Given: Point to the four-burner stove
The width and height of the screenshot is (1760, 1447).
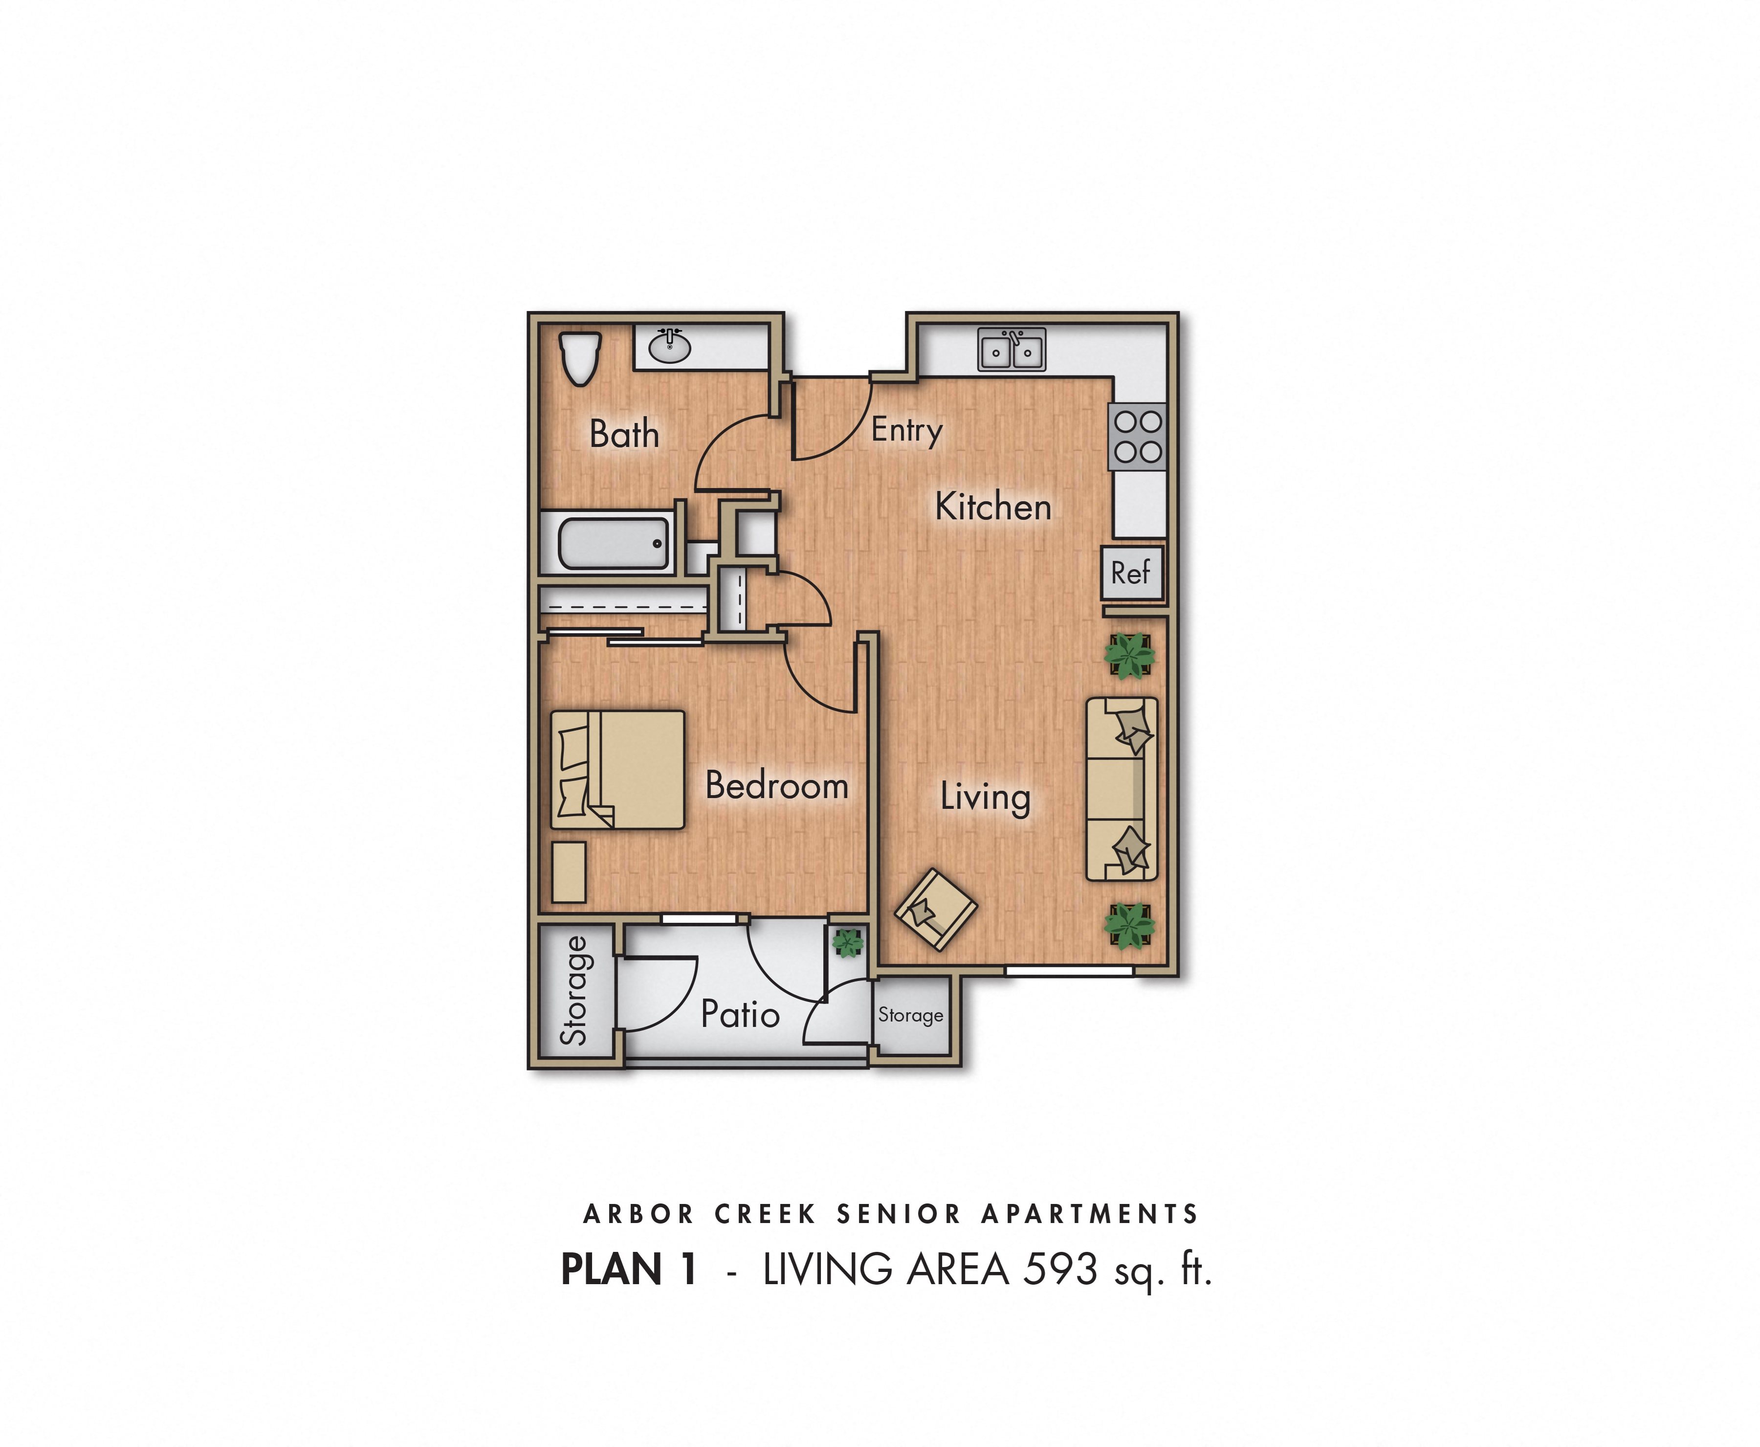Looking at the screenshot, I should (1138, 437).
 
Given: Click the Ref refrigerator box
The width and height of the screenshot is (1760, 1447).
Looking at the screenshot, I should (1131, 573).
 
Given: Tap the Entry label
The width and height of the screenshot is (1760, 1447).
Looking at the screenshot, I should (907, 430).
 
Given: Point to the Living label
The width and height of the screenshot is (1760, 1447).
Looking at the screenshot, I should (985, 797).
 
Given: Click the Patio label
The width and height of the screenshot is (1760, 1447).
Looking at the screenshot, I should (740, 1014).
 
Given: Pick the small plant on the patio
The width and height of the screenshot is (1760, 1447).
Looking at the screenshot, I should (848, 943).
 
